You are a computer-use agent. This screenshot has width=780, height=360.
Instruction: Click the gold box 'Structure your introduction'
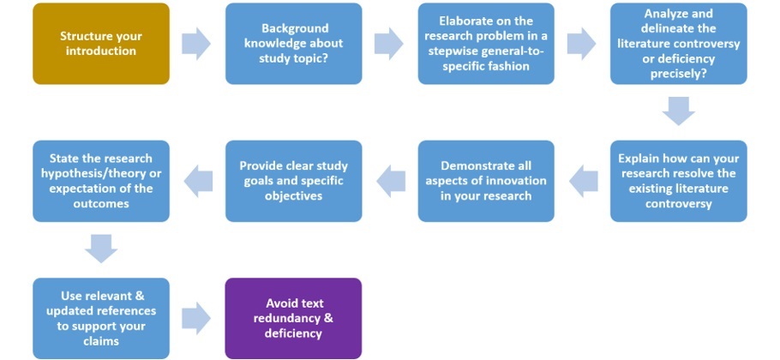coord(101,44)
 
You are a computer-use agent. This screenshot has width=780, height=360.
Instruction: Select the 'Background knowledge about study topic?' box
coord(293,44)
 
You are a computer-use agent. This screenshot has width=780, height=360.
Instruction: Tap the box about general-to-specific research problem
coord(486,44)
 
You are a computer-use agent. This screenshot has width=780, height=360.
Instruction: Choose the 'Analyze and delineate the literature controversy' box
coord(678,44)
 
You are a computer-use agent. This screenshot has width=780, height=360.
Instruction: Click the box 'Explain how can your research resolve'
coord(678,181)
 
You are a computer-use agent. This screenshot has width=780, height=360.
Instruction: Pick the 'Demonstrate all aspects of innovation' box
coord(486,181)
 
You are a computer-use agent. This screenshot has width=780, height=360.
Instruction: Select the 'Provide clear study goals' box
coord(293,181)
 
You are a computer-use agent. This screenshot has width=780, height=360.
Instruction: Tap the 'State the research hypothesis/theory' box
coord(101,181)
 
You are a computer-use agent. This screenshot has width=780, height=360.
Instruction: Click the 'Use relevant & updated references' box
coord(101,318)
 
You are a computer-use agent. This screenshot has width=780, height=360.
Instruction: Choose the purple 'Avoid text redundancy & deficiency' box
coord(293,318)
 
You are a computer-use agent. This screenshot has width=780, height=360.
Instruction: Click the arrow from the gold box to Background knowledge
coord(197,44)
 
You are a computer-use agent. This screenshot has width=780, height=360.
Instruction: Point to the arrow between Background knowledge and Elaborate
coord(389,44)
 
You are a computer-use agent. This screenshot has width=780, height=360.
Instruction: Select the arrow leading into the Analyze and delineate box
coord(582,44)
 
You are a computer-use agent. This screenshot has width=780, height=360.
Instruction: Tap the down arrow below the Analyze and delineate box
coord(678,111)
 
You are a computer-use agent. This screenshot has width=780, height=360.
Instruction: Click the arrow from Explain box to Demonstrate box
coord(583,180)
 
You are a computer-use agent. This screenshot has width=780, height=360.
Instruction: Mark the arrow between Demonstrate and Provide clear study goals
coord(390,180)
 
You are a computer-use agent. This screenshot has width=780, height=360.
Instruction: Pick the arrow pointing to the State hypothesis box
coord(198,180)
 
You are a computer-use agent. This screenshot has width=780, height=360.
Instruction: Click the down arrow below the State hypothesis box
coord(101,248)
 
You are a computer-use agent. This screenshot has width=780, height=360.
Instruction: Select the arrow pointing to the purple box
coord(197,318)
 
